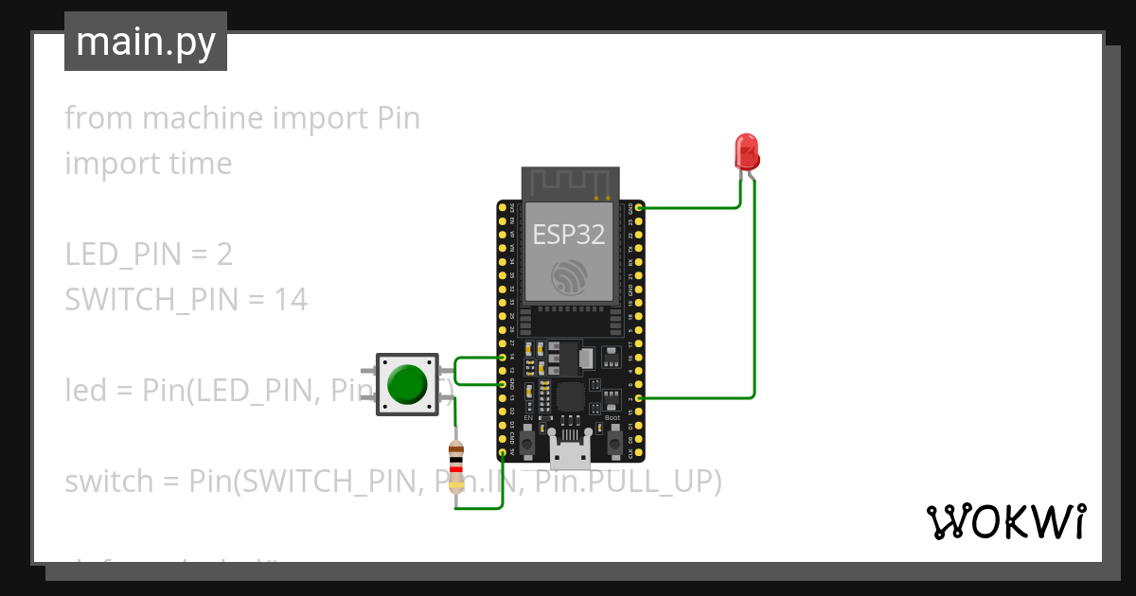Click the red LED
tap(746, 151)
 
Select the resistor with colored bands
tap(456, 467)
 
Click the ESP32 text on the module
tap(569, 234)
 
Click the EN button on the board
tap(528, 442)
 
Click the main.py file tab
tap(146, 42)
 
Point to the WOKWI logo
tap(1004, 521)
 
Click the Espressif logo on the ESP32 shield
tap(570, 275)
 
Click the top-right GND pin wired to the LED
tap(640, 207)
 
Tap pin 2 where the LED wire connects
tap(640, 398)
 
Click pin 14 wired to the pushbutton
tap(502, 359)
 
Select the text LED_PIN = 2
tap(149, 254)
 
